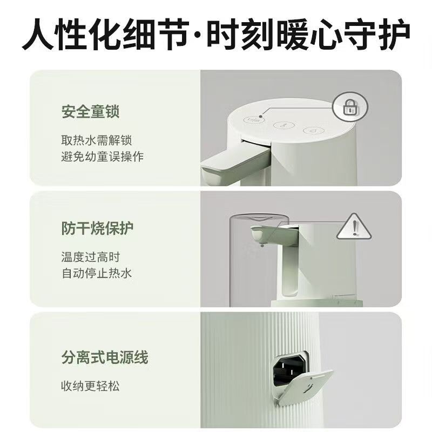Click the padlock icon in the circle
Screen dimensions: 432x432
(351, 107)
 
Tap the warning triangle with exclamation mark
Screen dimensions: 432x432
(354, 226)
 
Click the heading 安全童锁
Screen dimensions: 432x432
(90, 112)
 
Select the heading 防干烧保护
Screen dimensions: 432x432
(98, 228)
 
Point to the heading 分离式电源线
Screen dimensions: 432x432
(105, 357)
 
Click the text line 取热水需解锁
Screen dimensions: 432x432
(97, 140)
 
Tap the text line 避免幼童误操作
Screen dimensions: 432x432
(103, 157)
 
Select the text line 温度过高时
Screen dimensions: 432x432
(91, 257)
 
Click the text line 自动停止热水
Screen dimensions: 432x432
(97, 274)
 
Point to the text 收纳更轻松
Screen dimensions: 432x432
(90, 386)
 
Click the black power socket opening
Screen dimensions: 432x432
(289, 369)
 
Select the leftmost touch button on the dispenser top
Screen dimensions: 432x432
(254, 119)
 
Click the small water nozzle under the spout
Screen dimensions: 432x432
(262, 244)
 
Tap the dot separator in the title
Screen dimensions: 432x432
(198, 35)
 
